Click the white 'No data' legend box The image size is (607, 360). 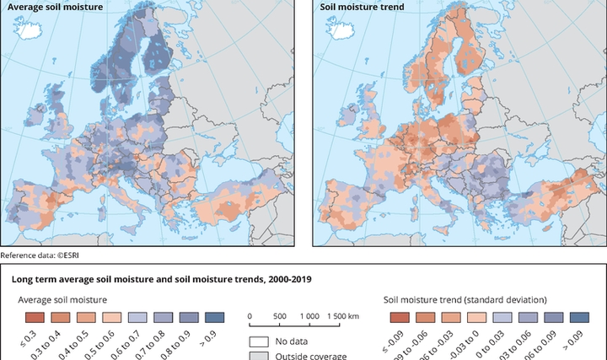(258, 342)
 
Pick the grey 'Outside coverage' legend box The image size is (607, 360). (258, 355)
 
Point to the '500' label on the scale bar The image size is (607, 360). (280, 314)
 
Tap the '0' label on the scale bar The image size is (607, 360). (250, 314)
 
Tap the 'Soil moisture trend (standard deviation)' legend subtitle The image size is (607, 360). (465, 299)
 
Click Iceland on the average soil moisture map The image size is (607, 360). (30, 33)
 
